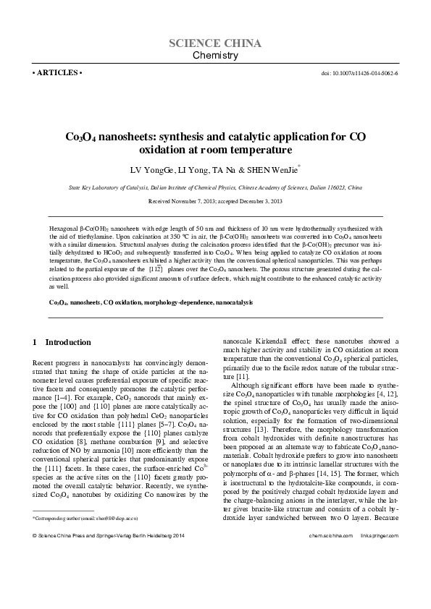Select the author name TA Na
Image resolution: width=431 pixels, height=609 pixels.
point(224,171)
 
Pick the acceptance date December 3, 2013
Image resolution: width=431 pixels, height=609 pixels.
point(261,200)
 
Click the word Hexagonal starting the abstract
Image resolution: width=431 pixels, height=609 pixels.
point(63,228)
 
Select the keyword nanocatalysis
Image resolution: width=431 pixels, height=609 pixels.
point(233,300)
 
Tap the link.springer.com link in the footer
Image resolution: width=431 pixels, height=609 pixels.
point(379,556)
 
